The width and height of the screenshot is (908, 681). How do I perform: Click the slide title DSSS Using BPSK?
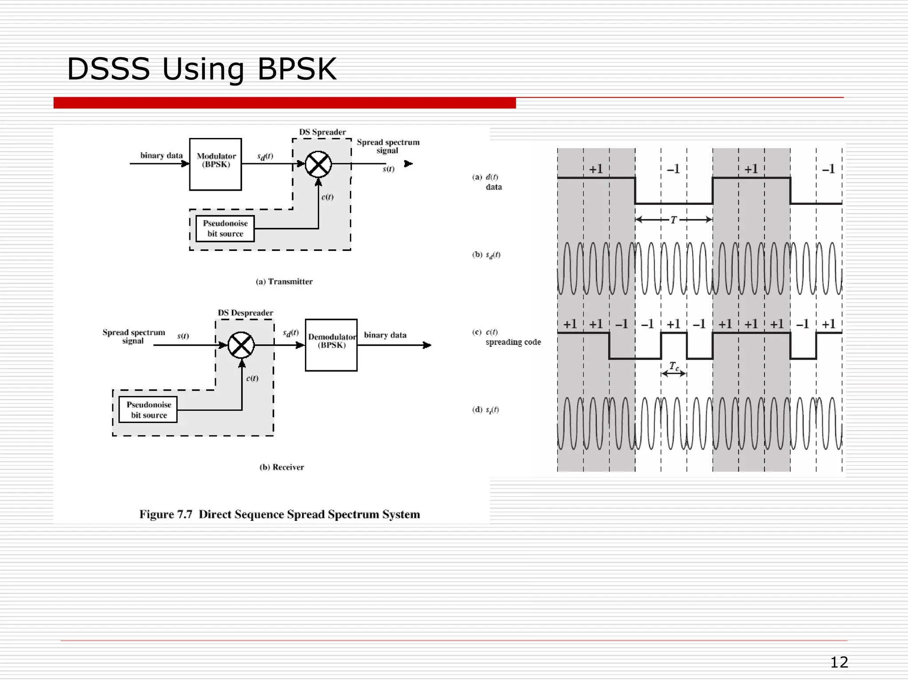click(201, 69)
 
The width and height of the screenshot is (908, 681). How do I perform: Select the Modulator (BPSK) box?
click(215, 164)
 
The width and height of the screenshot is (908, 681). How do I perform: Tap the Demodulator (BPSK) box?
click(331, 345)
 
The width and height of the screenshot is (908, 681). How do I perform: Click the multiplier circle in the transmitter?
click(318, 164)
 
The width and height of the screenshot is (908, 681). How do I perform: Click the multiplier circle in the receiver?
click(241, 345)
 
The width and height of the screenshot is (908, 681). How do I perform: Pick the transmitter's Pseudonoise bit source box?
click(225, 229)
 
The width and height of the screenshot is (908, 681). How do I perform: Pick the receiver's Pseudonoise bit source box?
click(148, 410)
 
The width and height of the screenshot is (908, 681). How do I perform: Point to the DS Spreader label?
click(322, 132)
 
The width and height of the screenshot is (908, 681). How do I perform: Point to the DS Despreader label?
click(245, 313)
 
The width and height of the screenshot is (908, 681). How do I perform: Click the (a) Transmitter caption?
click(284, 282)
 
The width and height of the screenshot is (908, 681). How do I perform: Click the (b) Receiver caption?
click(282, 467)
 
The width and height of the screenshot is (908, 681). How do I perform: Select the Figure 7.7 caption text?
click(279, 514)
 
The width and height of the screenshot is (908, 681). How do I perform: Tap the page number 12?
click(839, 662)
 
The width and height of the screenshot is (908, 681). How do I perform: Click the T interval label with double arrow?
click(673, 220)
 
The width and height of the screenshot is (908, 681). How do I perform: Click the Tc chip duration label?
click(674, 367)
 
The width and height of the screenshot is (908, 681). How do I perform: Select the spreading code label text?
click(513, 342)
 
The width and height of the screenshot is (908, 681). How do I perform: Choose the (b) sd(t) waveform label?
click(486, 255)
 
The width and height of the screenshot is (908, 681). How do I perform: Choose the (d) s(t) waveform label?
click(485, 410)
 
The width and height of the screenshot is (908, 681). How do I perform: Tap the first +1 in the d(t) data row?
click(596, 169)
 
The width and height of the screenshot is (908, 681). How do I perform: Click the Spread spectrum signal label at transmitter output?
click(388, 146)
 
